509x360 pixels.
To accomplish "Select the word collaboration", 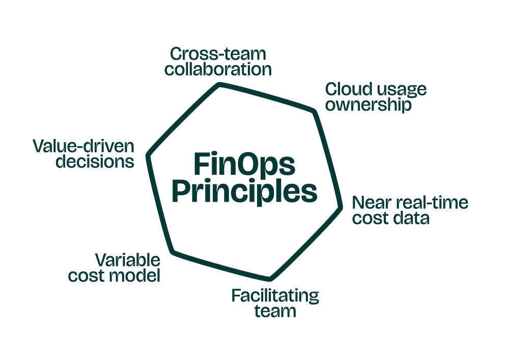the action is coord(218,69).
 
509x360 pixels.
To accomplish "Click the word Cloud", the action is coord(343,90).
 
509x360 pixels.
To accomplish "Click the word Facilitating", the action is coord(275,295).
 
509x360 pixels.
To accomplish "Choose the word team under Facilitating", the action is coord(275,310).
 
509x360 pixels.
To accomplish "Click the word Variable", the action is coord(129,261).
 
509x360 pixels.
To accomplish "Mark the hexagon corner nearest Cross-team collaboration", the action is coord(220,84).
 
